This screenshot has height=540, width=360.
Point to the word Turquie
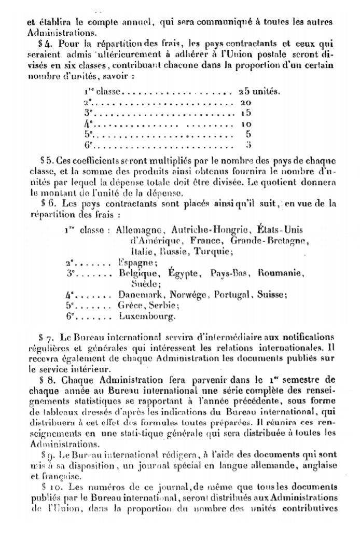pyautogui.click(x=213, y=252)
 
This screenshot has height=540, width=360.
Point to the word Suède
pyautogui.click(x=145, y=284)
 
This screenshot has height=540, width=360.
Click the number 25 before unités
pyautogui.click(x=244, y=92)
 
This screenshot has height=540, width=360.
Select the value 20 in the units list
pyautogui.click(x=245, y=103)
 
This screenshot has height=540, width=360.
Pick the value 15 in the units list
pyautogui.click(x=245, y=114)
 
